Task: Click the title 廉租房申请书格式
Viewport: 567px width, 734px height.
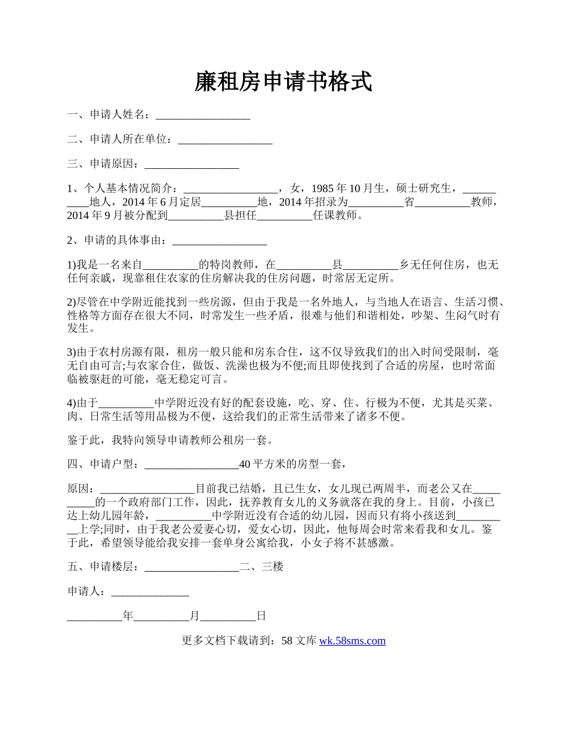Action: tap(283, 82)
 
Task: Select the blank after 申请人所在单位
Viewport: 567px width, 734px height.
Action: tap(225, 140)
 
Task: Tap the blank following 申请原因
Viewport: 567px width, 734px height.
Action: tap(192, 164)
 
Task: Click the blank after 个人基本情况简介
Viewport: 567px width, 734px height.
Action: tap(230, 189)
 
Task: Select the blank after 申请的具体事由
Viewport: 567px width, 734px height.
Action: tap(219, 240)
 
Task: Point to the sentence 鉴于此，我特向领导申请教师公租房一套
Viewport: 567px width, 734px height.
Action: tap(171, 441)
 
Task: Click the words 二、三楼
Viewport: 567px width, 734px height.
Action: tap(261, 567)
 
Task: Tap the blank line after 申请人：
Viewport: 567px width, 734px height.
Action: tap(150, 591)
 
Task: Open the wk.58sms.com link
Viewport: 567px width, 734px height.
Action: tap(352, 641)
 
